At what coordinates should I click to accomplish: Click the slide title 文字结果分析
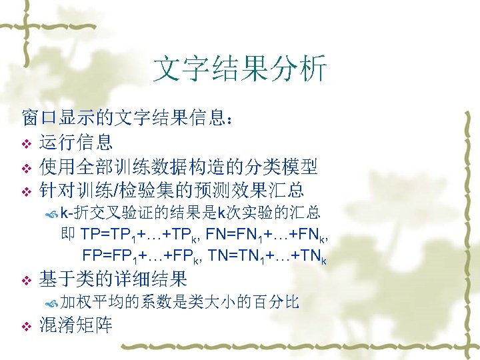pyautogui.click(x=240, y=69)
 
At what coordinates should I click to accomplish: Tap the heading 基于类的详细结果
pyautogui.click(x=113, y=278)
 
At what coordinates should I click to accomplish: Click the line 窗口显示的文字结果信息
pyautogui.click(x=127, y=119)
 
